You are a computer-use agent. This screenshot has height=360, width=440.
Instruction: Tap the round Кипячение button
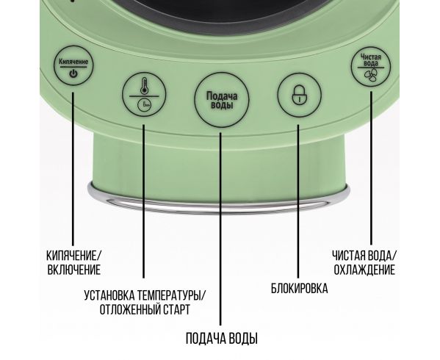pos(73,65)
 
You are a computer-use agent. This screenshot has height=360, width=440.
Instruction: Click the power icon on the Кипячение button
pos(73,74)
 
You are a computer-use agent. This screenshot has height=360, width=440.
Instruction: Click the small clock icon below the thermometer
pos(144,105)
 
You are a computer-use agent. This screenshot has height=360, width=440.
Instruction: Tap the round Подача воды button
pos(222,100)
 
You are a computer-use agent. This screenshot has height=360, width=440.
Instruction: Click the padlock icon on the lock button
pos(300,95)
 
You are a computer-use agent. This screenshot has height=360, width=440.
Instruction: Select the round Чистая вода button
pos(371,67)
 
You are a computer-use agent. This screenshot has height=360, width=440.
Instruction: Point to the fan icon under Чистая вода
pos(371,74)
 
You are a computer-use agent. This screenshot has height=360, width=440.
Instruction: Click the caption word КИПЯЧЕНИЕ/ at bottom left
pos(73,256)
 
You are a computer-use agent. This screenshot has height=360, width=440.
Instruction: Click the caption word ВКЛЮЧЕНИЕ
pos(73,270)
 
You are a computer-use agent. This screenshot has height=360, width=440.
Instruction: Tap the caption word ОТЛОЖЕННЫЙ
pos(130,309)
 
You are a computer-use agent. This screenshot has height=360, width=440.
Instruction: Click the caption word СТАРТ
pos(177,309)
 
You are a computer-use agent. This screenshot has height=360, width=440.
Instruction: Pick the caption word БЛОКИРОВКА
pos(299,288)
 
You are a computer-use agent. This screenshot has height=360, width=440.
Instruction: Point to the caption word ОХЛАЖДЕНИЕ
pos(364,270)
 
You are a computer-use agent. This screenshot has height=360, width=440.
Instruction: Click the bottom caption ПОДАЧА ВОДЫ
pos(222,339)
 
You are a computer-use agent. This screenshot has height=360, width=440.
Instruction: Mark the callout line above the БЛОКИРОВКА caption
pos(298,201)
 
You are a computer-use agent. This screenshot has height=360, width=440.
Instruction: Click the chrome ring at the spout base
pos(219,201)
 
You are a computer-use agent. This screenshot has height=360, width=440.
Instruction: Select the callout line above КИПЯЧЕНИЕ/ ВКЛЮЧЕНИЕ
pos(73,169)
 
